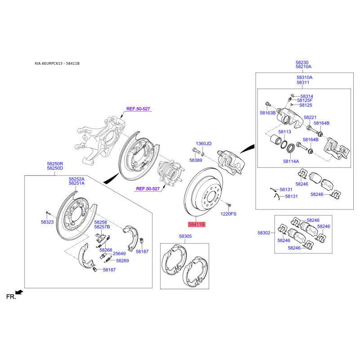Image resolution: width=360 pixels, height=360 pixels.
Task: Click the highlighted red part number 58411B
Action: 197,224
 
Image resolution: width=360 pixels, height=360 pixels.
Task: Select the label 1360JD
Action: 203,144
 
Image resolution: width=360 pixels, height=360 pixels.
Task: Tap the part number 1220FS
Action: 228,214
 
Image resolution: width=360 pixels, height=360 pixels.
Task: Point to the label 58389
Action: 196,160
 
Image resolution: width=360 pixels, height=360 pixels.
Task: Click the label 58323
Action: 47,222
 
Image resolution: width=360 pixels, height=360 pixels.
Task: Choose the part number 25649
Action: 119,253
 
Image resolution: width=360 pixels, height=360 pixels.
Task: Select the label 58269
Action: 122,261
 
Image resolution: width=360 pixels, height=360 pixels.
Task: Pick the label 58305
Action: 185,236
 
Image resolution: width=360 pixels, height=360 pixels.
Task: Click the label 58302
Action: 264,233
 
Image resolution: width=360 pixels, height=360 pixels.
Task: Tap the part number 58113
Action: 285,132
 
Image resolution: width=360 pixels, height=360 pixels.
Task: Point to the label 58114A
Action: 291,162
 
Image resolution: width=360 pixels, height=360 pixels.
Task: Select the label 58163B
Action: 267,113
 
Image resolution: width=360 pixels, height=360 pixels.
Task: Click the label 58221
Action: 310,117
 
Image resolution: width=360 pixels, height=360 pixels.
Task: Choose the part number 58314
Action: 307,96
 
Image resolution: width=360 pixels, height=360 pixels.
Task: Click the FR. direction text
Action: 11,297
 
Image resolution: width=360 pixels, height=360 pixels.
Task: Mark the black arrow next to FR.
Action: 19,292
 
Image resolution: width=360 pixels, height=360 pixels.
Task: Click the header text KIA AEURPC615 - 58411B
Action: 57,63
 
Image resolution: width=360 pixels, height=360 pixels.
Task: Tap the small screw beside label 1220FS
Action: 229,204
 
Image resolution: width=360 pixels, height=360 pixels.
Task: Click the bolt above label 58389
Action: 196,151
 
